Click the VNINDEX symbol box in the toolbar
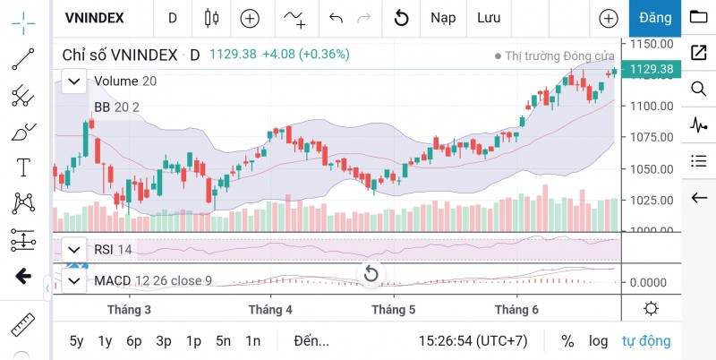[94, 18]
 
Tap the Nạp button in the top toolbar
[442, 18]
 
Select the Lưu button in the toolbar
[489, 18]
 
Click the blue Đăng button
[655, 18]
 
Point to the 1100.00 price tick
[652, 106]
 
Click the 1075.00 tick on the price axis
[652, 137]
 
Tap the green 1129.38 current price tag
[652, 69]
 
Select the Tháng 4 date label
[270, 310]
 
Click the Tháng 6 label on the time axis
[516, 310]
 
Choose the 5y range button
[77, 340]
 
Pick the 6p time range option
[134, 340]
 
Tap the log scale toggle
[598, 340]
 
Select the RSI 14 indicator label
[113, 249]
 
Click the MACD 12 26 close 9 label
[153, 281]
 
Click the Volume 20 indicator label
[125, 81]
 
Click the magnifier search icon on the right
[698, 89]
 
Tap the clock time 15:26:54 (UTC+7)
[473, 340]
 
